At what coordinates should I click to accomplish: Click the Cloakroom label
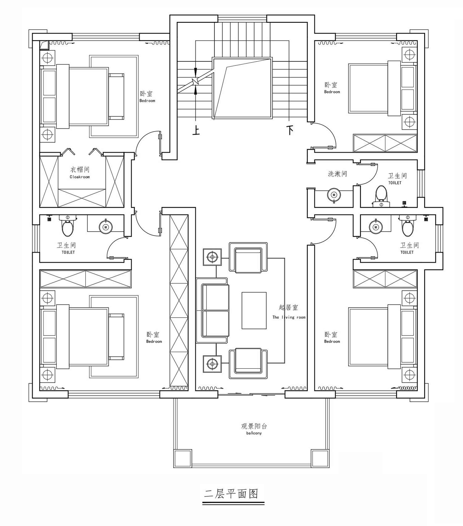pos(80,177)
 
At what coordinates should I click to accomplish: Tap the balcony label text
pos(254,433)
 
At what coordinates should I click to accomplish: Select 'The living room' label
pos(289,317)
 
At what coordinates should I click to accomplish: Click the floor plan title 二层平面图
pos(231,494)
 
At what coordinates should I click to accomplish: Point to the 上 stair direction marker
pos(196,130)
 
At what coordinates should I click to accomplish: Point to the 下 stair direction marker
pos(290,130)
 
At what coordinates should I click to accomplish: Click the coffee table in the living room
pos(254,311)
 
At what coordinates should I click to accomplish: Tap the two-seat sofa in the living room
pos(212,311)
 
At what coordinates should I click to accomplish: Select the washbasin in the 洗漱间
pos(334,195)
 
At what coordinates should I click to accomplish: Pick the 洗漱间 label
pos(337,174)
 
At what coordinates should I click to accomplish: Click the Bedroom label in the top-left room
pos(147,101)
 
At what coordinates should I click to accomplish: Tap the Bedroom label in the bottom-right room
pos(332,341)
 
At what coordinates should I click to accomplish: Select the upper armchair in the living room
pos(248,258)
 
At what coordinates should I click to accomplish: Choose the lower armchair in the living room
pos(248,363)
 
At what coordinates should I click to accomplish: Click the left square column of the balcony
pos(183,459)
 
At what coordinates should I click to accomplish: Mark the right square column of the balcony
pos(320,459)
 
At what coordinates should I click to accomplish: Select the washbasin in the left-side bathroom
pos(106,227)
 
